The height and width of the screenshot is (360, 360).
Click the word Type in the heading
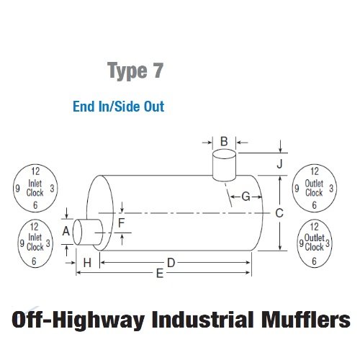pyautogui.click(x=127, y=71)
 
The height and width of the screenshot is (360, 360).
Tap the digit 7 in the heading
pyautogui.click(x=158, y=70)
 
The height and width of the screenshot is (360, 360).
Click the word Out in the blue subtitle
pyautogui.click(x=154, y=107)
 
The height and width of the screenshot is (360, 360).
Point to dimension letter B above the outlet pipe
pyautogui.click(x=224, y=141)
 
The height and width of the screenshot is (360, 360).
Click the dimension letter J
pyautogui.click(x=279, y=164)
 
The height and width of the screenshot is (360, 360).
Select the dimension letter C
pyautogui.click(x=279, y=213)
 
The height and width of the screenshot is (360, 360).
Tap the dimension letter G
pyautogui.click(x=246, y=197)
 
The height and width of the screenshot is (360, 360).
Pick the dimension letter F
pyautogui.click(x=122, y=223)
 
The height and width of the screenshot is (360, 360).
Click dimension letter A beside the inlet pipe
pyautogui.click(x=66, y=231)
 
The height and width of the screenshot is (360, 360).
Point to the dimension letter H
pyautogui.click(x=87, y=263)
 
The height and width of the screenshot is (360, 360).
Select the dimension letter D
pyautogui.click(x=171, y=263)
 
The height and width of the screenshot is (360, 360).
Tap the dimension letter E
pyautogui.click(x=160, y=274)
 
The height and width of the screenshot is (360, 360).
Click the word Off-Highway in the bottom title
pyautogui.click(x=78, y=320)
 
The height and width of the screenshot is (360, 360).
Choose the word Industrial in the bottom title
pyautogui.click(x=203, y=320)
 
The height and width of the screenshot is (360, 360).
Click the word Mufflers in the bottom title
pyautogui.click(x=306, y=320)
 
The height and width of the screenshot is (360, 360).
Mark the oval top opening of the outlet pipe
pyautogui.click(x=224, y=149)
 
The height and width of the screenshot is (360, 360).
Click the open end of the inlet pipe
pyautogui.click(x=73, y=233)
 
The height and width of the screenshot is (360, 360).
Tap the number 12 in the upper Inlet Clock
pyautogui.click(x=35, y=171)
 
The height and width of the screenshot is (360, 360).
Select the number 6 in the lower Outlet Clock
pyautogui.click(x=314, y=261)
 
